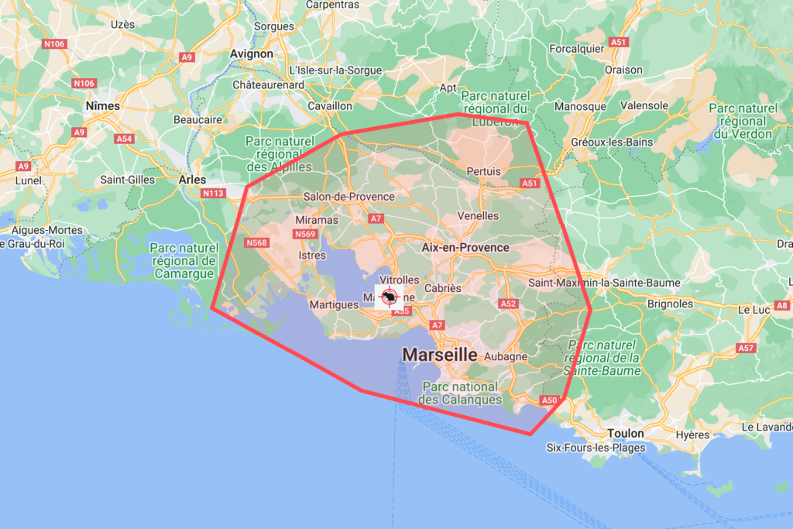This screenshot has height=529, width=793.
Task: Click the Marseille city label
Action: pos(439,355)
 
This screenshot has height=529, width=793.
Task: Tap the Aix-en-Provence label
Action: pos(465,248)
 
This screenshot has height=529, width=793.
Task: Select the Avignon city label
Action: pos(252,54)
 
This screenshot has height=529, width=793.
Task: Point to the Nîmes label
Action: pos(103,105)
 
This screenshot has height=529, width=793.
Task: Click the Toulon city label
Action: pos(627,434)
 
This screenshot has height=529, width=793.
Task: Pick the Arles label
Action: pos(192,180)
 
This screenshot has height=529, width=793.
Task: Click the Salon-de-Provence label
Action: pos(348,197)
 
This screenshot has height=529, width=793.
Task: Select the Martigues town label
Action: pos(334,304)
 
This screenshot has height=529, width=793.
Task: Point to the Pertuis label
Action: pos(484,171)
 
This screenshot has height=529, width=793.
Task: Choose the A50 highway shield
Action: pos(549,400)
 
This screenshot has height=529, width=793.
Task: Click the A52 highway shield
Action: pos(509,304)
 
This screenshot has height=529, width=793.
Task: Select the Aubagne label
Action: pos(505,357)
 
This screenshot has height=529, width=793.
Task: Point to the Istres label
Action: pos(311,254)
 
